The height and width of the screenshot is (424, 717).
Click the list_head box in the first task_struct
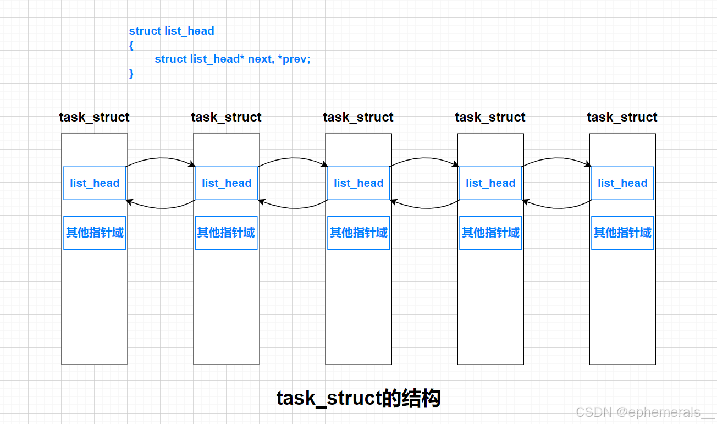[95, 183]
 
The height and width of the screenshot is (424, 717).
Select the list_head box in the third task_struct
[358, 183]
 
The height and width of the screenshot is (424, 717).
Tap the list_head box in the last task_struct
[622, 183]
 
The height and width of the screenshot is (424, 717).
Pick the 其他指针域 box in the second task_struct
[226, 233]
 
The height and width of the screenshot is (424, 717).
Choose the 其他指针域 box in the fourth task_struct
[490, 233]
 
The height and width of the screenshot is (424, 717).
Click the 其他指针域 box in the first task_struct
[95, 233]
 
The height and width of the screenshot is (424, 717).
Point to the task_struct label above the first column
[95, 117]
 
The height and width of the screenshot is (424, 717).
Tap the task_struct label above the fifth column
[622, 117]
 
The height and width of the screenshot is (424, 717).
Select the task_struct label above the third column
[358, 117]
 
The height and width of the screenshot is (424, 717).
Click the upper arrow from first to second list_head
[161, 158]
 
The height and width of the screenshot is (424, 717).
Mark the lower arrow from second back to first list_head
[161, 208]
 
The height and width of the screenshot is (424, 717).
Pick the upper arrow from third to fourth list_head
[424, 158]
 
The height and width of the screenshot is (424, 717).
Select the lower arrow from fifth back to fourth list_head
[556, 208]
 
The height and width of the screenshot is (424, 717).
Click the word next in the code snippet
[260, 59]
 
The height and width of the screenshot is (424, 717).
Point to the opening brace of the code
[131, 46]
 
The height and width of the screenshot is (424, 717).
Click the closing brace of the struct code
[131, 73]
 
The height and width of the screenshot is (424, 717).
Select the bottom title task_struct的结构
[358, 398]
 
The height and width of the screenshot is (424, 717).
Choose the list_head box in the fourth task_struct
[490, 183]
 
